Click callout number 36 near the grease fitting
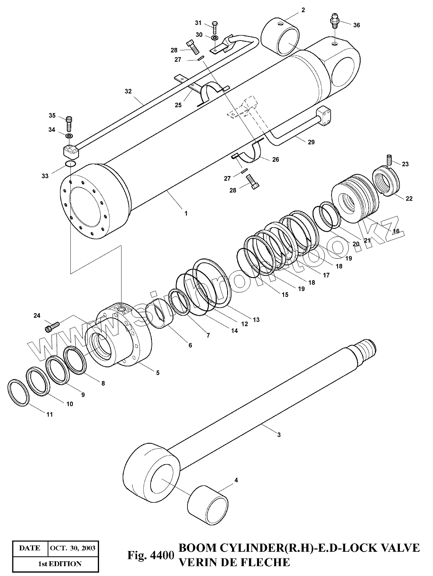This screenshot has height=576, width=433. tap(356, 25)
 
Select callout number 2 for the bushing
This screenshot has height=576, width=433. tap(303, 10)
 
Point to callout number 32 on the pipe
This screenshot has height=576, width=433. tap(128, 91)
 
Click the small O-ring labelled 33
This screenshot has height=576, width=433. tap(70, 165)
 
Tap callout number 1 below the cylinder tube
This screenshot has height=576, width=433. tap(186, 213)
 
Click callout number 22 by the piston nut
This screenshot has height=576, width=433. tap(409, 199)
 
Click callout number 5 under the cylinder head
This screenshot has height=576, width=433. tap(158, 373)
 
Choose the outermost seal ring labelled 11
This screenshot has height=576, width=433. tap(19, 393)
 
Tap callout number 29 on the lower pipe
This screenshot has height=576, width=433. tap(311, 142)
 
